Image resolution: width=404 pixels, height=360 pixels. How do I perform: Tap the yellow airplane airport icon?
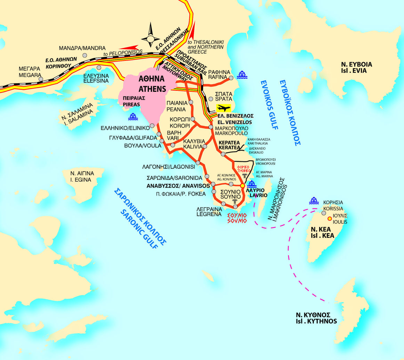click(223, 108)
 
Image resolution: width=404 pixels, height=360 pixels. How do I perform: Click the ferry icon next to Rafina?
click(242, 74)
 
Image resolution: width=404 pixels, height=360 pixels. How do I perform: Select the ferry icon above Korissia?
click(314, 201)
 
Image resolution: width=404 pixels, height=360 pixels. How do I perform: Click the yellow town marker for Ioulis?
click(329, 219)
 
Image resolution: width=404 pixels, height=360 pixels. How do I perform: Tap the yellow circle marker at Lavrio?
click(243, 186)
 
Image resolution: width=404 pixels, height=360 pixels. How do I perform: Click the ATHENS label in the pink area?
click(152, 89)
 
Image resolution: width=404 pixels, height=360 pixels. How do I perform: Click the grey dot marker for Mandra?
click(84, 55)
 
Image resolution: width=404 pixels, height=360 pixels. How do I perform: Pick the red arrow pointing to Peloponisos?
click(129, 48)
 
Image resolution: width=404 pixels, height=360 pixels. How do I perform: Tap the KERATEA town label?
click(229, 148)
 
